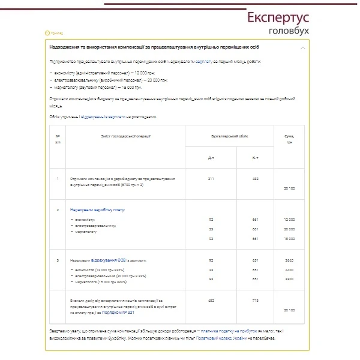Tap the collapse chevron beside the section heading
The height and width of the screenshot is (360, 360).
pyautogui.click(x=303, y=47)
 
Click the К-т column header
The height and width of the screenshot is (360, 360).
pyautogui.click(x=256, y=158)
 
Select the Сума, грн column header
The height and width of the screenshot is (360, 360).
pyautogui.click(x=289, y=140)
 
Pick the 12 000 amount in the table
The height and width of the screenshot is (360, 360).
pyautogui.click(x=289, y=220)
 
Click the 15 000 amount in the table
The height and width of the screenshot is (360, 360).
pyautogui.click(x=289, y=238)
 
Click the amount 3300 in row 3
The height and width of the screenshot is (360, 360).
pyautogui.click(x=289, y=280)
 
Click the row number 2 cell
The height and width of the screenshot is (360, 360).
pyautogui.click(x=58, y=211)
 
